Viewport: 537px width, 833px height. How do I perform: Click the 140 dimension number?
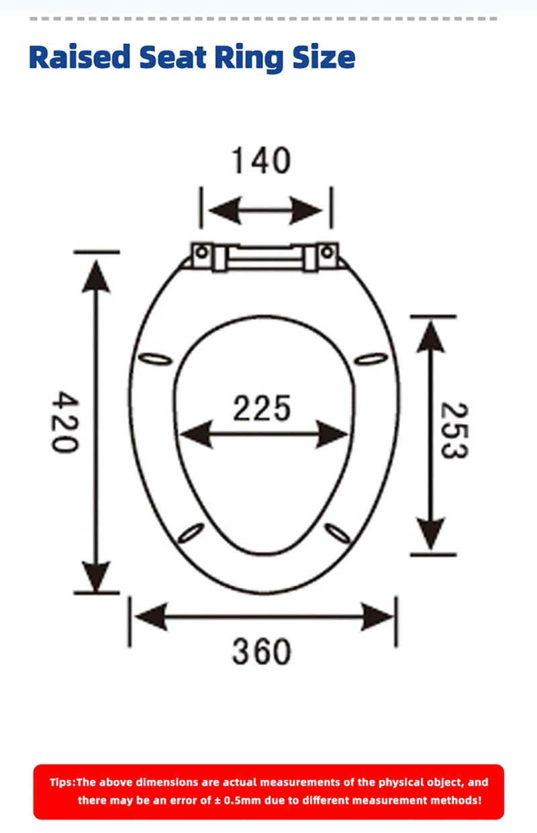pos(261,161)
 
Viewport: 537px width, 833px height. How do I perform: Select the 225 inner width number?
pos(262,409)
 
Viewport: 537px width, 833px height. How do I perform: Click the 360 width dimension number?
pos(262,651)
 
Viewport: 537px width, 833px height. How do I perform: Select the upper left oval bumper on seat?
pos(154,360)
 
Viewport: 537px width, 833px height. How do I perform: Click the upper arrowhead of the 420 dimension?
pos(97,275)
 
